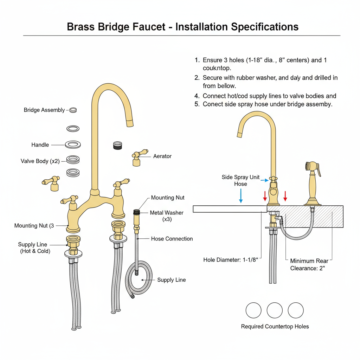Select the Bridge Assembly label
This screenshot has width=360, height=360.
click(x=44, y=110)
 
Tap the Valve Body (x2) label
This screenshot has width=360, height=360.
click(x=40, y=161)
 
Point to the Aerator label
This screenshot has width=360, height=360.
click(x=162, y=156)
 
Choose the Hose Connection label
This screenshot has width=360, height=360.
click(x=172, y=239)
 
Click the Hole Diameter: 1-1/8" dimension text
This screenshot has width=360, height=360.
click(x=231, y=260)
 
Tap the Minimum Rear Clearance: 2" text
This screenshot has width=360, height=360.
click(x=309, y=264)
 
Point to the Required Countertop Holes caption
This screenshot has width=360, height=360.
click(x=275, y=327)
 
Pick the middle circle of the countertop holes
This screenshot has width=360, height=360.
click(x=275, y=310)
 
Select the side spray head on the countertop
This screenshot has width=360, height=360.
click(x=313, y=168)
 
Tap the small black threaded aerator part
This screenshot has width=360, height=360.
click(x=117, y=145)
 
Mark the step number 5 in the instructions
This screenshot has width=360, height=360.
click(x=197, y=104)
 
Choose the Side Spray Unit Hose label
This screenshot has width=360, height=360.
click(x=240, y=180)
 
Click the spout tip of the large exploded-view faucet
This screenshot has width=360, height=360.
click(x=129, y=123)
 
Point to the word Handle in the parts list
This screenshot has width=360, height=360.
click(x=40, y=145)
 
